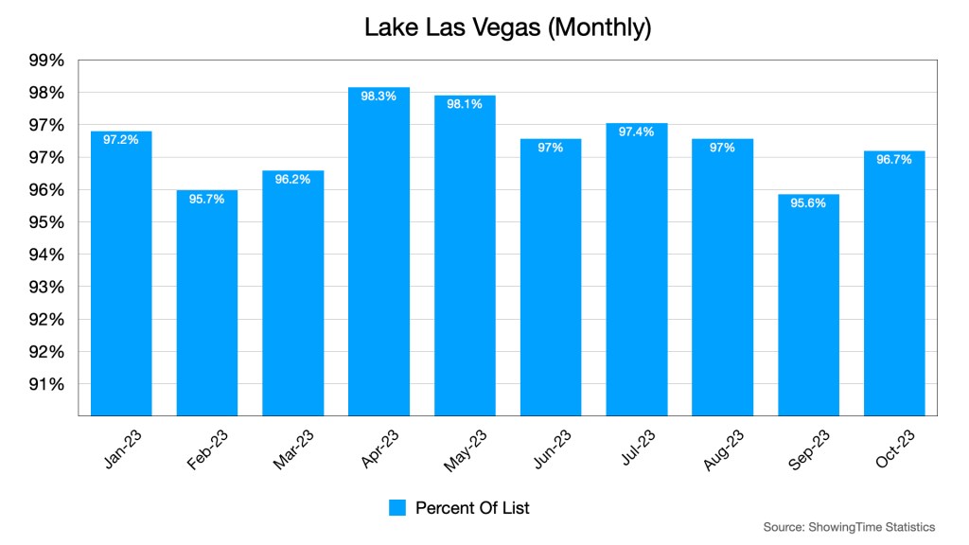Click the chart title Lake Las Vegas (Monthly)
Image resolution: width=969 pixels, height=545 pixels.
click(508, 28)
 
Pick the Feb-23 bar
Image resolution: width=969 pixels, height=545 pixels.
click(206, 303)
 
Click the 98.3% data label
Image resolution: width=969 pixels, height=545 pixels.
click(379, 96)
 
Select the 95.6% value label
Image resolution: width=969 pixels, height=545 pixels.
click(808, 202)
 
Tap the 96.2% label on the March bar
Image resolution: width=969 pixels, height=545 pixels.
click(292, 179)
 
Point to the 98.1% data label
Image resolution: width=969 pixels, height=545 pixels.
click(465, 104)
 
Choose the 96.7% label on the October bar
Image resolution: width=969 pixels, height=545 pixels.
click(894, 159)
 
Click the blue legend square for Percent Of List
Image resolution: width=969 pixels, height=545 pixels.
click(397, 508)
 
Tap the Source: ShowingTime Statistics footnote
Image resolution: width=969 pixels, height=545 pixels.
click(849, 527)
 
